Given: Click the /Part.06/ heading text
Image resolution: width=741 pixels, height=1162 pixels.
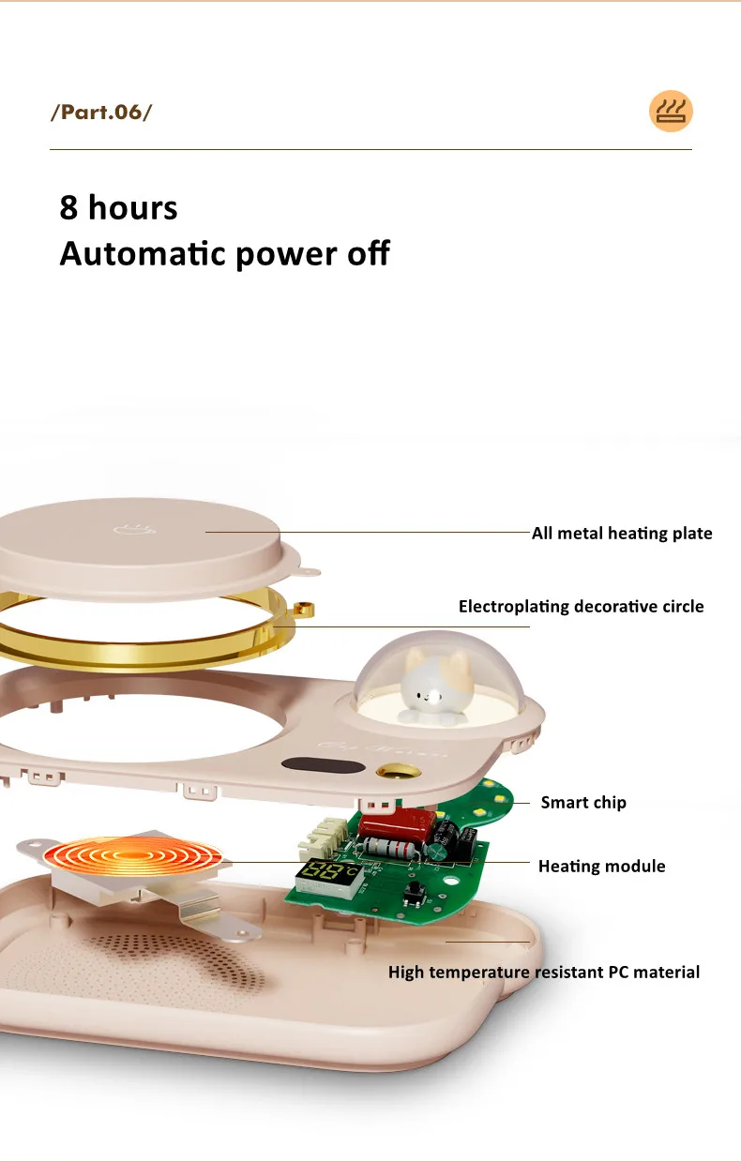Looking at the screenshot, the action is click(100, 113).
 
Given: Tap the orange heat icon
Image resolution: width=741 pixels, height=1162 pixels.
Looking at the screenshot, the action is click(671, 112).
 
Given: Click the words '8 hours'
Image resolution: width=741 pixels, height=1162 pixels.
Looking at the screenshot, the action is click(118, 207).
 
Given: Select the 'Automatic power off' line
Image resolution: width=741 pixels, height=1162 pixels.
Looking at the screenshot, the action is click(224, 253).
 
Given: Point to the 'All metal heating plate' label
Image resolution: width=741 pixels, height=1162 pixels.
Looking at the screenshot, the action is click(622, 534).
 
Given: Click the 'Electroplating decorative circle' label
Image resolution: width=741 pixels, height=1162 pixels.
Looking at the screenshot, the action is click(581, 607).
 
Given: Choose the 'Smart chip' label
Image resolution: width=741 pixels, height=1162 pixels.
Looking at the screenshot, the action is click(583, 802).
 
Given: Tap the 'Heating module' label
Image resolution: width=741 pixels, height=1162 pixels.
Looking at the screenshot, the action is click(601, 867).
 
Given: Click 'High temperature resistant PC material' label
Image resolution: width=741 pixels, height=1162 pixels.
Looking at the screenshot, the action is click(544, 972).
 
